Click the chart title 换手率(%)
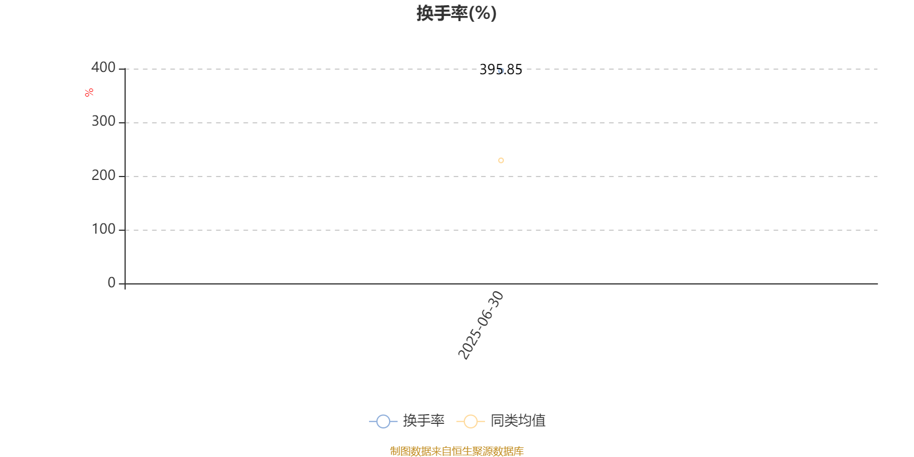pyautogui.click(x=456, y=13)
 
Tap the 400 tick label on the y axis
pyautogui.click(x=103, y=67)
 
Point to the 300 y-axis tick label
pyautogui.click(x=103, y=121)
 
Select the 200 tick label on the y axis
pyautogui.click(x=103, y=175)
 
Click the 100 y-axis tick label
pyautogui.click(x=103, y=229)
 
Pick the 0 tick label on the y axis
pyautogui.click(x=111, y=282)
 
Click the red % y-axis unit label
pyautogui.click(x=89, y=93)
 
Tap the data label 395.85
pyautogui.click(x=500, y=69)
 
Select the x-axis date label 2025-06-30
pyautogui.click(x=480, y=325)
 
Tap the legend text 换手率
pyautogui.click(x=423, y=420)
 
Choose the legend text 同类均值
pyautogui.click(x=518, y=420)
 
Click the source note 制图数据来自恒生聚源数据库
pyautogui.click(x=456, y=451)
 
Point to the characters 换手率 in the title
pyautogui.click(x=442, y=13)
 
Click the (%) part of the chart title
pyautogui.click(x=483, y=14)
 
